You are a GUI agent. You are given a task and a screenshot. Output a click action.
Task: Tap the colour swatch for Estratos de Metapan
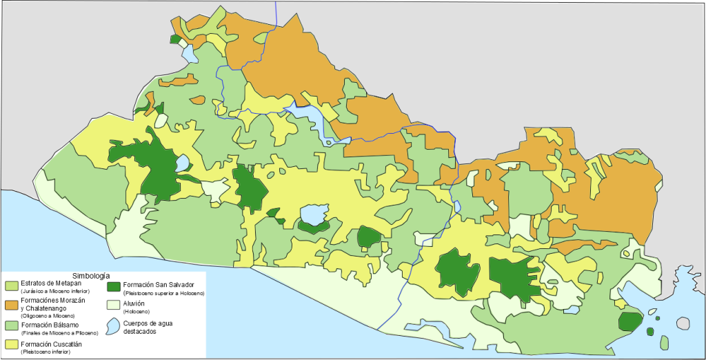tap(12, 286)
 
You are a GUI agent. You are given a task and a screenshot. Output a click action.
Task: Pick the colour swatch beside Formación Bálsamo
tap(12, 325)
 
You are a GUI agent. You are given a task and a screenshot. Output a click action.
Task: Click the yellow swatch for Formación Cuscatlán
tap(12, 343)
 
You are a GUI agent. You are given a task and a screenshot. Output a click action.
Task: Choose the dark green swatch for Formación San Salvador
tap(114, 286)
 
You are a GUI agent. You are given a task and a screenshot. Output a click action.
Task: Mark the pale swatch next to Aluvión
tap(114, 304)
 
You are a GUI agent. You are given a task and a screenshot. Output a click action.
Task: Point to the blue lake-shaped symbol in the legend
tap(113, 324)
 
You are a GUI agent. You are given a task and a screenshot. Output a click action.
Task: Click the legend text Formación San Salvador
tap(159, 284)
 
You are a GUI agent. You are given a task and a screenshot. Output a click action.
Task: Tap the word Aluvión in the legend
tap(135, 303)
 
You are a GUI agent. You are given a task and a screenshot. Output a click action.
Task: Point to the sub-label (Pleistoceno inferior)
tap(46, 352)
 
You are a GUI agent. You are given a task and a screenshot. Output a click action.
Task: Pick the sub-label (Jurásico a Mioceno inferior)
tap(55, 292)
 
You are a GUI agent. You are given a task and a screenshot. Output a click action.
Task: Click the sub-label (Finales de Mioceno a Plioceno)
tap(59, 333)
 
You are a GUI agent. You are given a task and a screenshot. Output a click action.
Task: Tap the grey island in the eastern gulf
tap(683, 323)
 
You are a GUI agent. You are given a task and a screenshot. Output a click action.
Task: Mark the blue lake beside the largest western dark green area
tap(182, 163)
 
